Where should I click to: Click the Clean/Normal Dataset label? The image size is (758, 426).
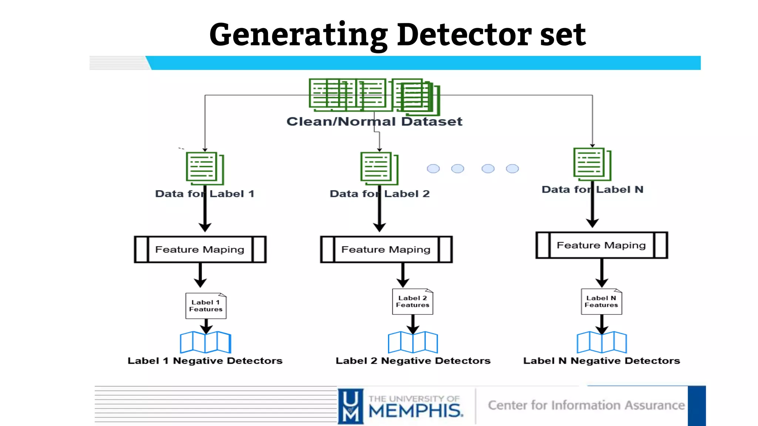point(374,121)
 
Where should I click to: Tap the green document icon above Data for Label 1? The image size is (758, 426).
point(204,168)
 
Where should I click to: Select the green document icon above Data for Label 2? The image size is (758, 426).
point(379,168)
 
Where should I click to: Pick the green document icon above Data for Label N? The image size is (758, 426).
point(591,164)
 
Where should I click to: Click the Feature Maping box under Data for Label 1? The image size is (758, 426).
point(200,250)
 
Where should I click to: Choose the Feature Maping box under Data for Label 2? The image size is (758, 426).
point(386,250)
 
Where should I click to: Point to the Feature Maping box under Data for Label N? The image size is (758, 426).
point(601,245)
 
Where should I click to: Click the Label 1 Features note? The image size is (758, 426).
point(206,306)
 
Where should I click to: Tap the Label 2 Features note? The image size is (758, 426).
point(412,301)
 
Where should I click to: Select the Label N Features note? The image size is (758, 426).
point(601,301)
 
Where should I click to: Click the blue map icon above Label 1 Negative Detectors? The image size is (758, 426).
point(205,342)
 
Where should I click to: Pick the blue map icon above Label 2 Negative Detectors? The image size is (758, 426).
point(413,342)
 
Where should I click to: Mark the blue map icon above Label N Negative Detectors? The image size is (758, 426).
point(601,342)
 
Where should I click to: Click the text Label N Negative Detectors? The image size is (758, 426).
point(601,361)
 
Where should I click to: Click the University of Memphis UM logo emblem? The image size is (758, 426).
point(351,406)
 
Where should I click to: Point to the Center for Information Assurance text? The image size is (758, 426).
point(586,405)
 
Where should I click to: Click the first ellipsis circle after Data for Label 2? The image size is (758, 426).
point(433,169)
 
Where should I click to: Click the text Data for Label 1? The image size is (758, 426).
point(205,194)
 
